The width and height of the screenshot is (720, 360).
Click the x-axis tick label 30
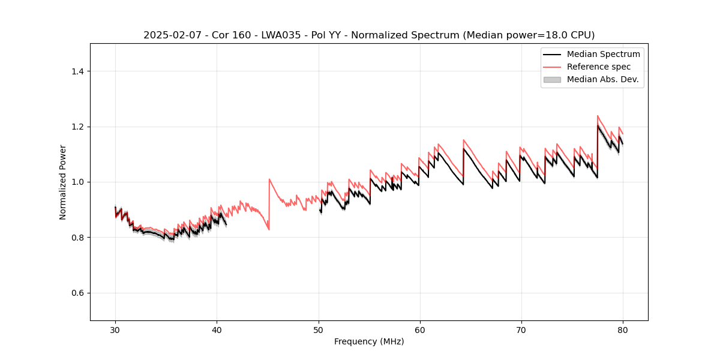pyautogui.click(x=115, y=329)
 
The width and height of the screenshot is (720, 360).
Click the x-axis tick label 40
pyautogui.click(x=217, y=329)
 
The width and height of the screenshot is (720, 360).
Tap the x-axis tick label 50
pyautogui.click(x=318, y=329)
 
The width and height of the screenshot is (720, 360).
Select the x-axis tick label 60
pyautogui.click(x=419, y=329)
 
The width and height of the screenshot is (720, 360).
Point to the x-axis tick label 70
pyautogui.click(x=521, y=329)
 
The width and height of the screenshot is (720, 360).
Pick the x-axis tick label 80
pyautogui.click(x=622, y=329)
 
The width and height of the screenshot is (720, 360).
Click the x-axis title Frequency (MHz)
pyautogui.click(x=369, y=341)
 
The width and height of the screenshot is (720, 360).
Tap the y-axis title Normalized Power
pyautogui.click(x=62, y=182)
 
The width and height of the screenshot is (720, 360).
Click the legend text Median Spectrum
pyautogui.click(x=603, y=54)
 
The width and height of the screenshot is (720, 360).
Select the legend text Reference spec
pyautogui.click(x=599, y=67)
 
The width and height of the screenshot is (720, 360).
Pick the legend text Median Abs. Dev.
pyautogui.click(x=603, y=79)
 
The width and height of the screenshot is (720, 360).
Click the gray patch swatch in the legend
pyautogui.click(x=551, y=79)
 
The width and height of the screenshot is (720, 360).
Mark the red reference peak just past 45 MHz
pyautogui.click(x=269, y=179)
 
